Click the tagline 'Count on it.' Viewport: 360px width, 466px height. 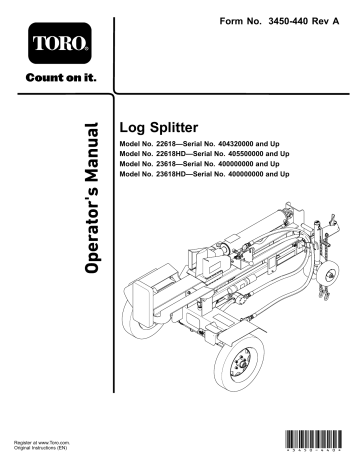point(52,79)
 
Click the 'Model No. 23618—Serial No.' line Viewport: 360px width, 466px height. point(190,166)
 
